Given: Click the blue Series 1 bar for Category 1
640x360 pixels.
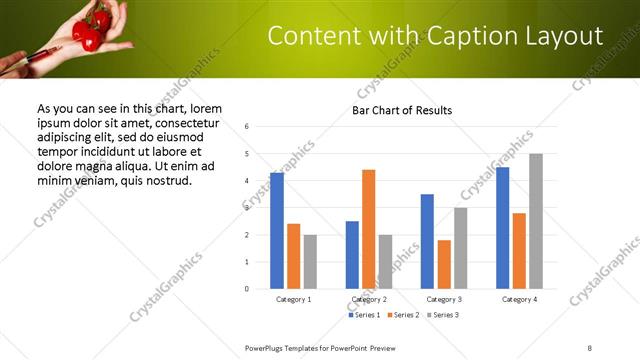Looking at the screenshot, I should (277, 231).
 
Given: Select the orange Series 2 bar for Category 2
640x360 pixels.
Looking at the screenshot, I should (368, 229).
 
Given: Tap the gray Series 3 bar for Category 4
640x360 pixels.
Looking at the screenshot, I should (536, 221).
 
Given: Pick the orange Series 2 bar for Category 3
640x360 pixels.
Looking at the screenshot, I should (444, 264).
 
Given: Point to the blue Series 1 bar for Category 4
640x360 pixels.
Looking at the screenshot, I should (502, 228).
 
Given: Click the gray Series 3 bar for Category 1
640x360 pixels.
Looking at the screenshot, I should (310, 262).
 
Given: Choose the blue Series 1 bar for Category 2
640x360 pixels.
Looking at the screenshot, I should (352, 255).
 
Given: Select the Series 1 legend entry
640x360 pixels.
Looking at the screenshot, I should (362, 315).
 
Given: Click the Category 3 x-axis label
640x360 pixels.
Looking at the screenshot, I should (444, 299).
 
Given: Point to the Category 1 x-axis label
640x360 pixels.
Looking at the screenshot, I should (293, 299).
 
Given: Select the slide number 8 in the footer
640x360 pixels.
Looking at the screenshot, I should (590, 347).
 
